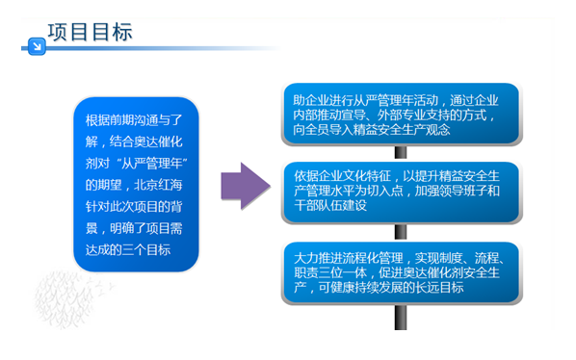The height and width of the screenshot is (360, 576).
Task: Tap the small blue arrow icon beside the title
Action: [36, 43]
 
